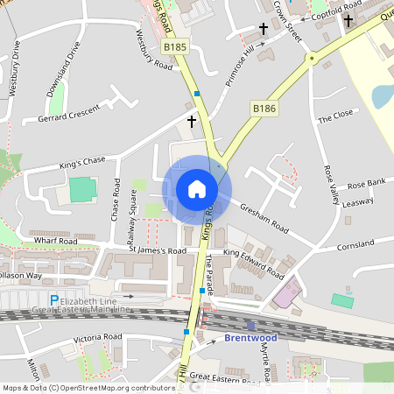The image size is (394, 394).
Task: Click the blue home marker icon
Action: [196, 189]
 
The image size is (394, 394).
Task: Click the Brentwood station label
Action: [250, 337]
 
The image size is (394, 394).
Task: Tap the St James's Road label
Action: [158, 250]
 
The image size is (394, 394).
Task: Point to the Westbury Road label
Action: [154, 47]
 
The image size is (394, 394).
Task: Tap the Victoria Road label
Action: [97, 337]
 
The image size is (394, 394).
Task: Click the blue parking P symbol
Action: [54, 300]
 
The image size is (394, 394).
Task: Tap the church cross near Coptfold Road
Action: [348, 20]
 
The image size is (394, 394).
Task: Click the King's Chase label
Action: [81, 160]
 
